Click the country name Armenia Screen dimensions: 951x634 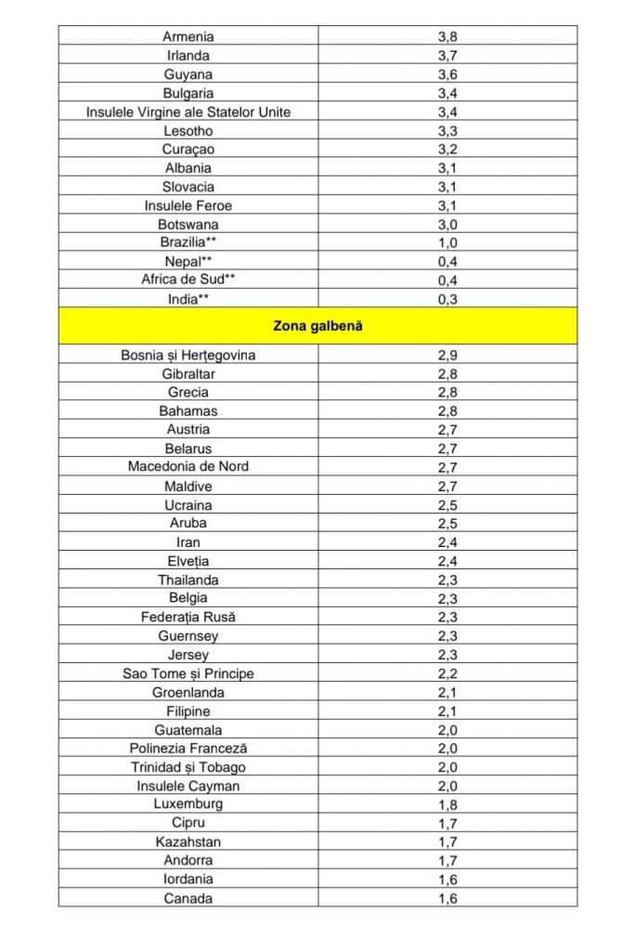pyautogui.click(x=188, y=37)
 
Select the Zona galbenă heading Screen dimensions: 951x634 pyautogui.click(x=317, y=326)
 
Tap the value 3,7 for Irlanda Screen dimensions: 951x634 pyautogui.click(x=447, y=56)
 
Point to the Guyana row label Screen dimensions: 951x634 pyautogui.click(x=188, y=74)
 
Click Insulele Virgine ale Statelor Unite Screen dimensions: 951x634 pyautogui.click(x=188, y=112)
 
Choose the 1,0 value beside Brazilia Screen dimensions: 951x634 pyautogui.click(x=447, y=243)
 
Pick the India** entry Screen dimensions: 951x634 pyautogui.click(x=188, y=299)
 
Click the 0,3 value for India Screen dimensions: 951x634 pyautogui.click(x=447, y=299)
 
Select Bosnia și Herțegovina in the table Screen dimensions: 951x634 pyautogui.click(x=188, y=355)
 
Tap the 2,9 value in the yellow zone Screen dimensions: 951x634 pyautogui.click(x=447, y=355)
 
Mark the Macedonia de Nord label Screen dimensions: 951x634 pyautogui.click(x=188, y=466)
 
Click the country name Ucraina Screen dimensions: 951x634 pyautogui.click(x=188, y=505)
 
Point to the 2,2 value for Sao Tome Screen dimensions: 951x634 pyautogui.click(x=447, y=673)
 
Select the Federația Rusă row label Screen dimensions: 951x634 pyautogui.click(x=188, y=617)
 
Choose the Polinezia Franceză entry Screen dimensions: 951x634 pyautogui.click(x=188, y=749)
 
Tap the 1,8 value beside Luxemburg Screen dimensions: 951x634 pyautogui.click(x=447, y=804)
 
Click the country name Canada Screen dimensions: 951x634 pyautogui.click(x=188, y=898)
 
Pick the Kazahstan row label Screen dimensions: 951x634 pyautogui.click(x=188, y=842)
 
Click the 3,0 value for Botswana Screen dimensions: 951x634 pyautogui.click(x=447, y=224)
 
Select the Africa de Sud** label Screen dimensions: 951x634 pyautogui.click(x=188, y=280)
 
